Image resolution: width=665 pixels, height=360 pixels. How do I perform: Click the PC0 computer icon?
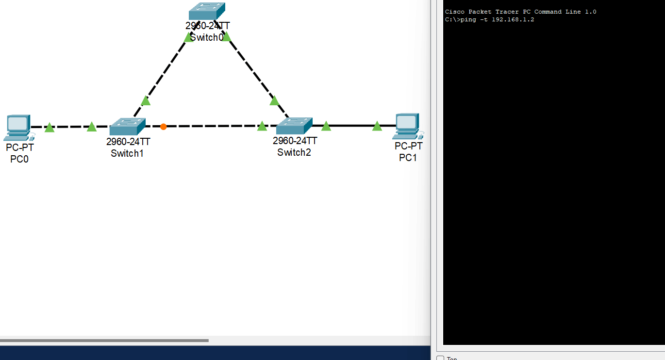(19, 127)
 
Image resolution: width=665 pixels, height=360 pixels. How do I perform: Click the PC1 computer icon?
(407, 126)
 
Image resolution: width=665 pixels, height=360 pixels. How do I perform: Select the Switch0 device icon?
(207, 11)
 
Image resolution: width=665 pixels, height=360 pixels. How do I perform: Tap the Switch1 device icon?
(127, 127)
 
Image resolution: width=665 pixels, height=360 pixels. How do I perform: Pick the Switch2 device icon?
(294, 126)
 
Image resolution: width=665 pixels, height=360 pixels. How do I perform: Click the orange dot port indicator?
(164, 127)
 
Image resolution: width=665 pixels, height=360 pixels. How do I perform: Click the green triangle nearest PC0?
(50, 128)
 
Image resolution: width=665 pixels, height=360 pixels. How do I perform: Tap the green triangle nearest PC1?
(377, 126)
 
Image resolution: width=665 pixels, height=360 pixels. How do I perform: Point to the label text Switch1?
(127, 153)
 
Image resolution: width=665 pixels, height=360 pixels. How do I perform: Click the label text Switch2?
(294, 152)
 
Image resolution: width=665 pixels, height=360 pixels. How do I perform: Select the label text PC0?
(19, 159)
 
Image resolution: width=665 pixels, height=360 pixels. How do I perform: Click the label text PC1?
(408, 158)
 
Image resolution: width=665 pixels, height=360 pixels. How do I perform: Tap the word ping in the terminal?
(468, 20)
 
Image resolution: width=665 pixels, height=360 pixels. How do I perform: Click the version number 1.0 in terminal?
(591, 12)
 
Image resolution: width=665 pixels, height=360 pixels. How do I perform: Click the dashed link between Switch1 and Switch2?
(214, 126)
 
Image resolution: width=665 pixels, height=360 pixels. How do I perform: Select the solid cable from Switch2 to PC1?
(352, 126)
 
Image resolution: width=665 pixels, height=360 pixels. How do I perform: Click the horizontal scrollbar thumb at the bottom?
(104, 341)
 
